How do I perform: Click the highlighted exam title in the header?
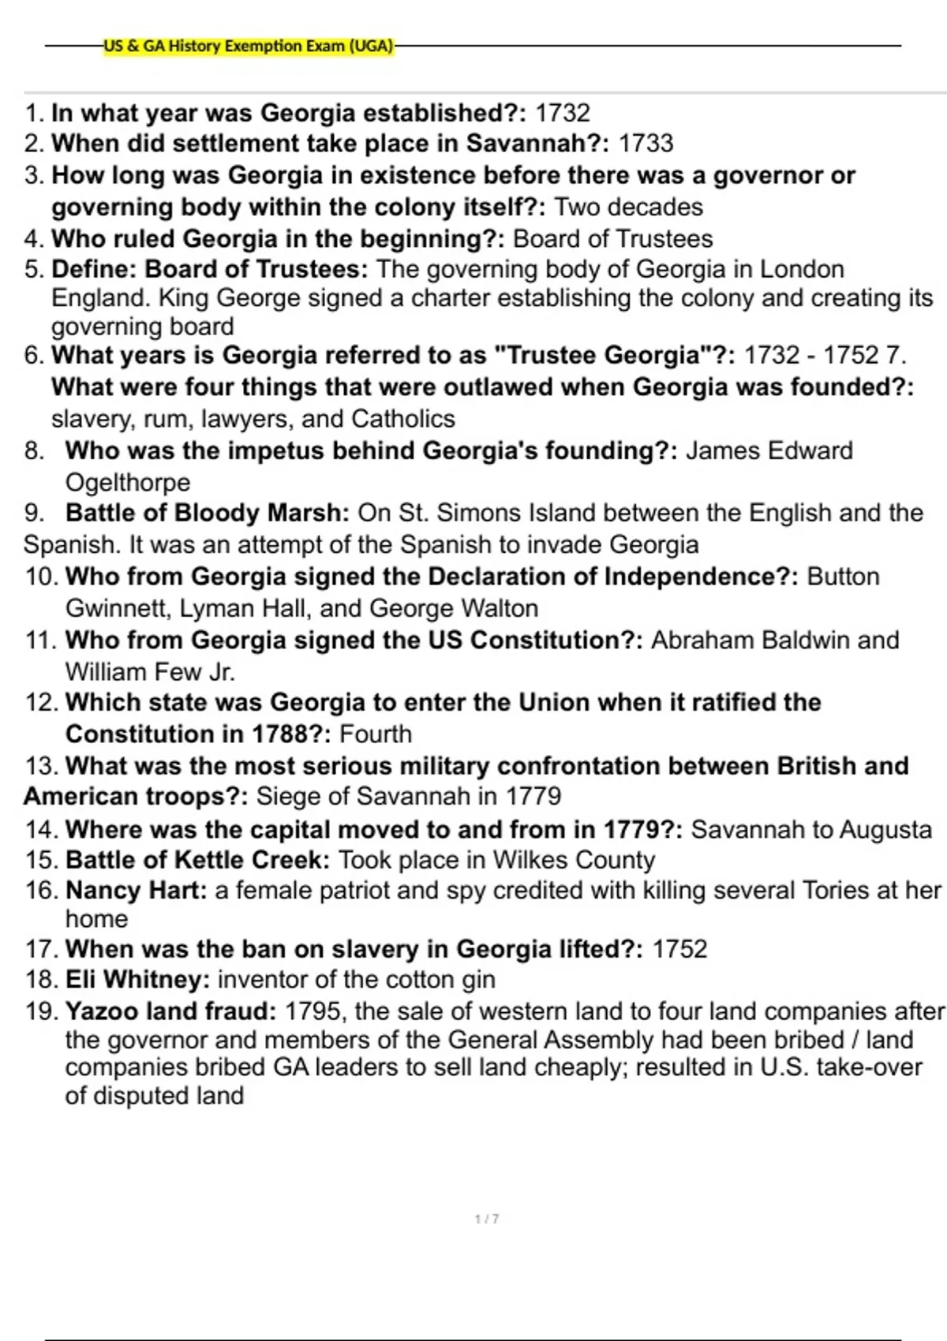(x=249, y=46)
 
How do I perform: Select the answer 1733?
(x=646, y=144)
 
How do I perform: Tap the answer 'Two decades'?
(x=628, y=207)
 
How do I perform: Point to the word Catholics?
(x=403, y=418)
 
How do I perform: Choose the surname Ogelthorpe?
(x=128, y=482)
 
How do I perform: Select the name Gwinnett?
(x=118, y=608)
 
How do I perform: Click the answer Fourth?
(x=376, y=734)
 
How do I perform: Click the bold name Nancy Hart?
(x=136, y=891)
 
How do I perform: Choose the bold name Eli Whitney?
(x=137, y=980)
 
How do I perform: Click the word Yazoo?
(x=100, y=1011)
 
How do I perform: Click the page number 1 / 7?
(x=487, y=1220)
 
